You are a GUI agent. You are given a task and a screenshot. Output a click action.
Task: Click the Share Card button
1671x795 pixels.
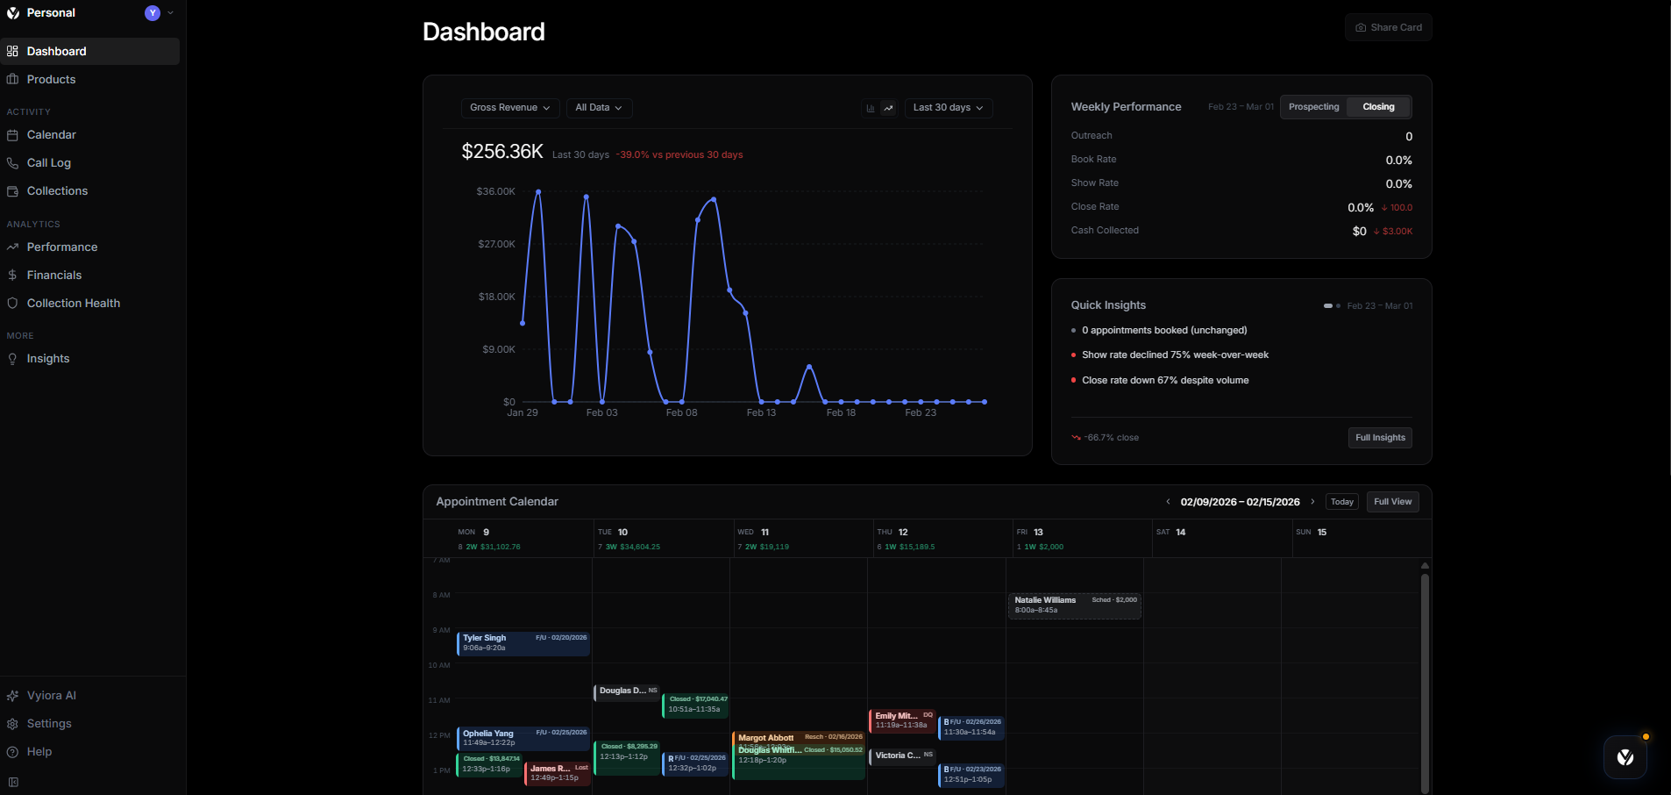1389,27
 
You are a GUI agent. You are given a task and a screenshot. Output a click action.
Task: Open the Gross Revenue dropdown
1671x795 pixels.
509,108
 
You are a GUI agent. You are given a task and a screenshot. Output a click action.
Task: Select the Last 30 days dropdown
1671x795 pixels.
948,108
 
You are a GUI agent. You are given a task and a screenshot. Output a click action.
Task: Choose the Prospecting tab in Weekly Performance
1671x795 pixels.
1313,107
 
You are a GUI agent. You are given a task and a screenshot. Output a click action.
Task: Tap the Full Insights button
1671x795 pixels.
1380,438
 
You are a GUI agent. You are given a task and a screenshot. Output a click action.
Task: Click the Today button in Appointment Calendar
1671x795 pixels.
1341,502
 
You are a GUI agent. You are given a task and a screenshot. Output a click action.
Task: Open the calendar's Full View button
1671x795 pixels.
1392,502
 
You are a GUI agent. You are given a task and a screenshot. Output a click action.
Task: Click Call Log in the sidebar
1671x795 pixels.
49,163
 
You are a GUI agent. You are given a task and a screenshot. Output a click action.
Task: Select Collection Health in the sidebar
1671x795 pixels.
74,304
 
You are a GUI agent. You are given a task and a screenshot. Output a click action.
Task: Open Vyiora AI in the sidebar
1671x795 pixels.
52,696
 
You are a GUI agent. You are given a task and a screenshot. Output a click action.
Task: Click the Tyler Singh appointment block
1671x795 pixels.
523,643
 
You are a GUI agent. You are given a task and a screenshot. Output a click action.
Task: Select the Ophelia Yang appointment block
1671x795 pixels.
523,738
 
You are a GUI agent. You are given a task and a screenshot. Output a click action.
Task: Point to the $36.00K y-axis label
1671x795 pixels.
495,191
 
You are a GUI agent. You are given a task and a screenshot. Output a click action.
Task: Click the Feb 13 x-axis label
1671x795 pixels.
761,412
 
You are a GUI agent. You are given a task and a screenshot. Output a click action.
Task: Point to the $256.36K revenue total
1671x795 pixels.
502,152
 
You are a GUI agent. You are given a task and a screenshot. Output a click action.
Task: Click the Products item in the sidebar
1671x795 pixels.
51,80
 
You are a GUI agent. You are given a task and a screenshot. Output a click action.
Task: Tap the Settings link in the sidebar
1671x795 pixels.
49,724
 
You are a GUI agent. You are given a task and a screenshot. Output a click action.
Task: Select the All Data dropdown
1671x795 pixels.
599,108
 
